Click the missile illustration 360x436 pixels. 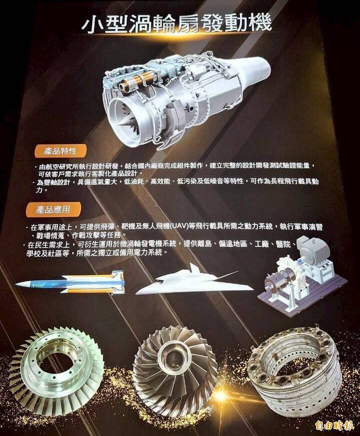click(70, 283)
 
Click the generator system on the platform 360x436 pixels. click(302, 275)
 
